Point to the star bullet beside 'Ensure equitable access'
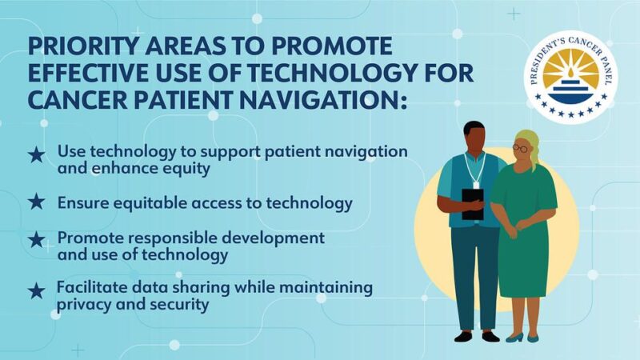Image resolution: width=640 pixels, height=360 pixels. [36, 202]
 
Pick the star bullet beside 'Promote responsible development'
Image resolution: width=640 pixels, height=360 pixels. [36, 240]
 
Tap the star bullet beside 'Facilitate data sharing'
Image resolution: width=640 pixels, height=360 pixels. [36, 291]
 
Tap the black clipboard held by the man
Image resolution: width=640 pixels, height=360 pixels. [473, 203]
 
